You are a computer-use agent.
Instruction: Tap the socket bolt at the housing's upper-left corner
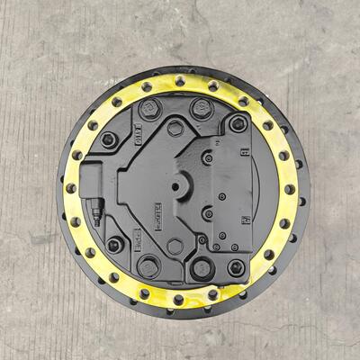point(110,139)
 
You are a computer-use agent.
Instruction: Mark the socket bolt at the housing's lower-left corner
point(114,244)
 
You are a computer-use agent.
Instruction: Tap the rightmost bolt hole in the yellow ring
point(290,189)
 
